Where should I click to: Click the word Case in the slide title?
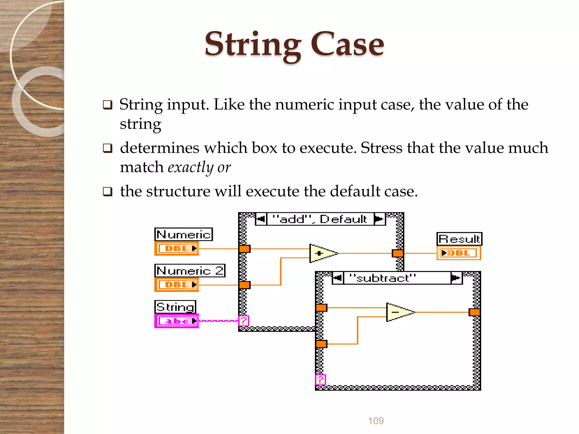(347, 45)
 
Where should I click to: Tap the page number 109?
(376, 421)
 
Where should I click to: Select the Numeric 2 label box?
(190, 271)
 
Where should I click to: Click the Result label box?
(459, 239)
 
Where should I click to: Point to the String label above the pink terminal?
(175, 307)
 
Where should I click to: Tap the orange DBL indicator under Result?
(459, 253)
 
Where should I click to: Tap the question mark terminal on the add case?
(244, 321)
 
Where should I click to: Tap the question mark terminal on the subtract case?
(320, 380)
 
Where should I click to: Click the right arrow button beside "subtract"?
(456, 278)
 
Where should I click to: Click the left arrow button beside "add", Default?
(261, 219)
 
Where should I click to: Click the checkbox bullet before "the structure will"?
(107, 192)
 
